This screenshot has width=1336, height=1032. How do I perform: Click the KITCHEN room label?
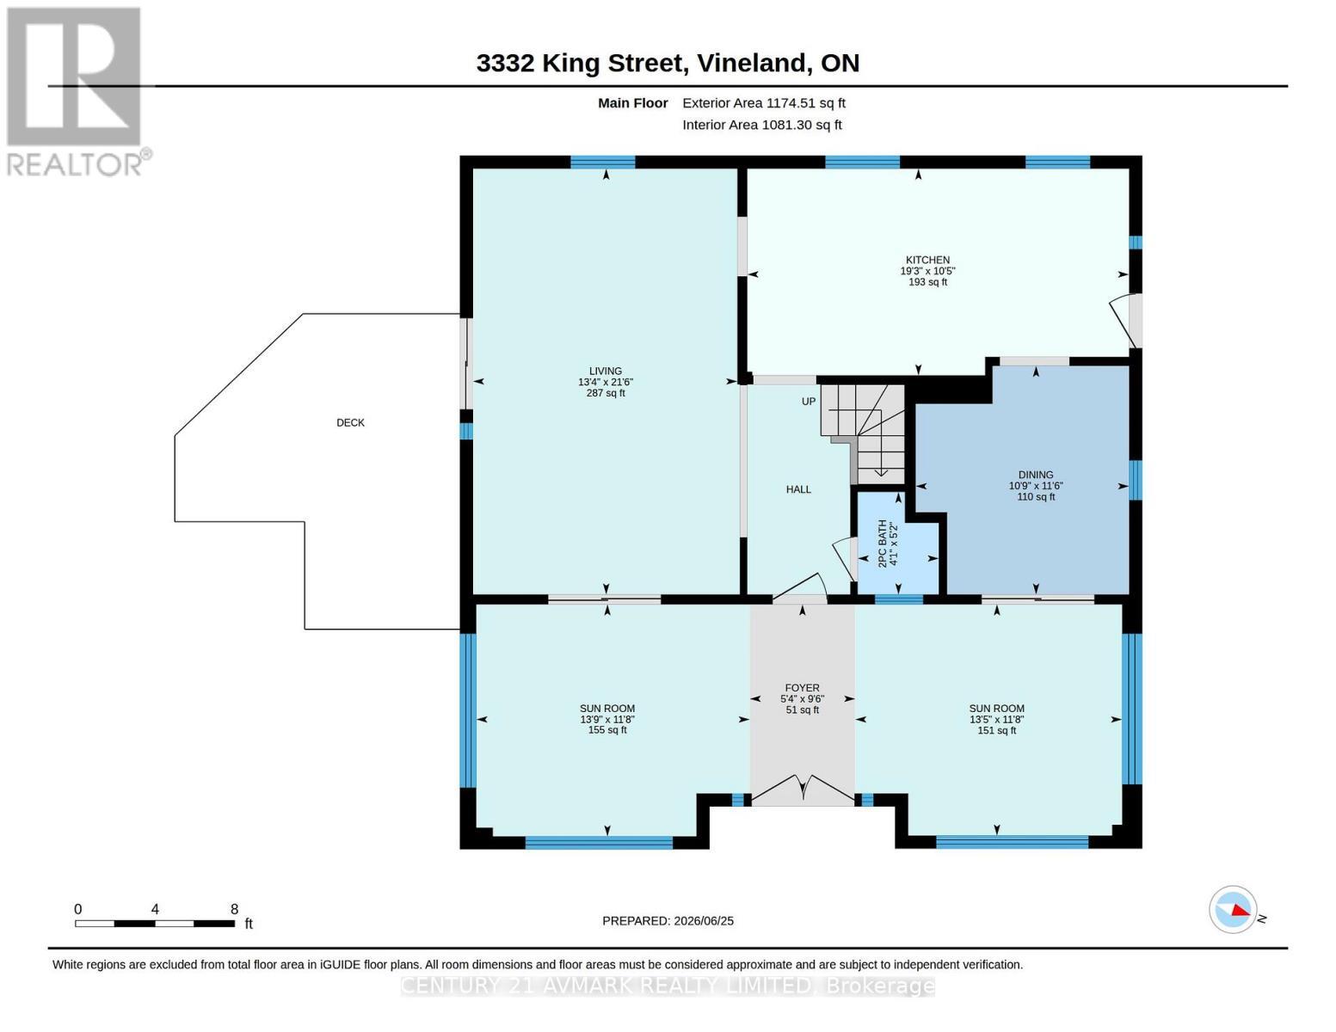coord(927,260)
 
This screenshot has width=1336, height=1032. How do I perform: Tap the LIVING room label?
coord(605,371)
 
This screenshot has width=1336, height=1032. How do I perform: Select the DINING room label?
coord(1036,475)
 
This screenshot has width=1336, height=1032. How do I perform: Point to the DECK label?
coord(350,422)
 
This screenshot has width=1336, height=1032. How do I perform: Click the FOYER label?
coord(802,688)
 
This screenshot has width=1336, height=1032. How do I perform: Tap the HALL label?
coord(798,489)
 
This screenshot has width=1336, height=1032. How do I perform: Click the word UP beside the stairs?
coord(808,402)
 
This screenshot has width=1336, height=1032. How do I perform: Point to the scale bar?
coord(155,924)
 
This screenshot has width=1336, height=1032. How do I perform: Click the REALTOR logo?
coord(77,92)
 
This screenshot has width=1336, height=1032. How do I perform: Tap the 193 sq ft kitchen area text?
coord(927,282)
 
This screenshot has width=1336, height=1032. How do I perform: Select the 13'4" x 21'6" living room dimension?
coord(605,382)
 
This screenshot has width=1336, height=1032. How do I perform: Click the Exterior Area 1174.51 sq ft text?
coord(764,103)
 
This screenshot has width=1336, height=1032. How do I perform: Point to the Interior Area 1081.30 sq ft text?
coord(761,125)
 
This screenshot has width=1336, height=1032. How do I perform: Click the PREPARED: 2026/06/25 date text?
coord(668,921)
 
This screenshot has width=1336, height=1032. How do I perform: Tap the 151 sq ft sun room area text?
coord(996,730)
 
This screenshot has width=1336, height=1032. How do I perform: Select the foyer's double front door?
coord(803,789)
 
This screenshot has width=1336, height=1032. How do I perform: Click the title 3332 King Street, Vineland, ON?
coord(668,63)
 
